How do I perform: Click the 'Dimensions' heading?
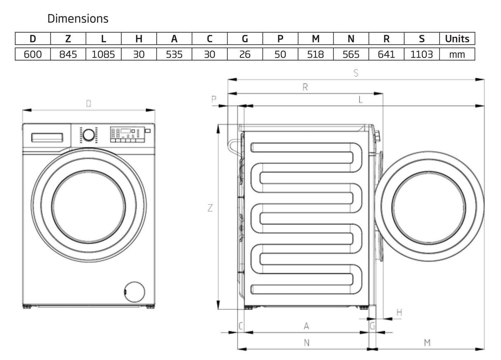pyautogui.click(x=78, y=19)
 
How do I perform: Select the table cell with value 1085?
pyautogui.click(x=104, y=54)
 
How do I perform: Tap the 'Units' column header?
pyautogui.click(x=457, y=39)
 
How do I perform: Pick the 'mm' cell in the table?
pyautogui.click(x=457, y=54)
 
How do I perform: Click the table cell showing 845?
pyautogui.click(x=68, y=54)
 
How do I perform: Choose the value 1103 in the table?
pyautogui.click(x=421, y=54)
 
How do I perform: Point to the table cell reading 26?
pyautogui.click(x=245, y=54)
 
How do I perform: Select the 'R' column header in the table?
pyautogui.click(x=386, y=39)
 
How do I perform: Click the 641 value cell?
pyautogui.click(x=386, y=54)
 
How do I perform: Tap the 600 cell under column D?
pyautogui.click(x=33, y=54)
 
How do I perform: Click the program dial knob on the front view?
pyautogui.click(x=88, y=135)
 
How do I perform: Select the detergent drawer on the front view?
pyautogui.click(x=47, y=137)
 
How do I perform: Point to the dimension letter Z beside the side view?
pyautogui.click(x=210, y=208)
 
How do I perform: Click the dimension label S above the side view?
pyautogui.click(x=356, y=73)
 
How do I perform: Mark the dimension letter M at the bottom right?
pyautogui.click(x=428, y=342)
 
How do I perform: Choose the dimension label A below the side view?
pyautogui.click(x=307, y=326)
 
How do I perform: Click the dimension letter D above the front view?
pyautogui.click(x=88, y=104)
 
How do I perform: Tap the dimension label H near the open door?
pyautogui.click(x=399, y=313)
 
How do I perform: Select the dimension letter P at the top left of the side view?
pyautogui.click(x=214, y=99)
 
